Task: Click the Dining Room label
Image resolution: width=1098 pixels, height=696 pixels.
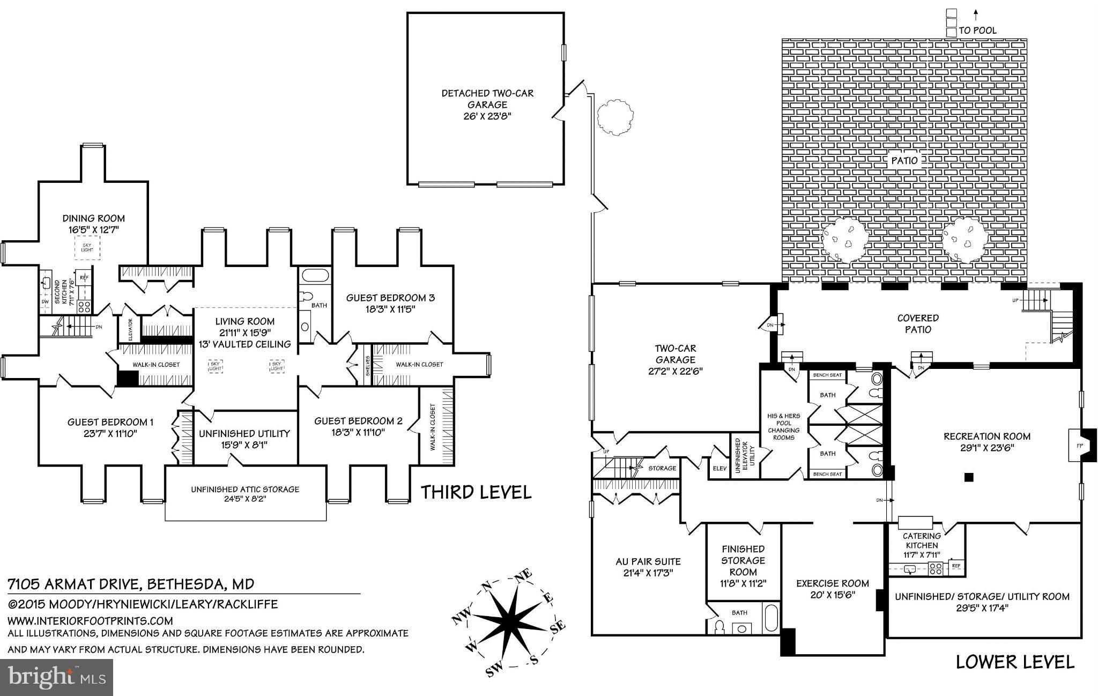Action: (x=94, y=218)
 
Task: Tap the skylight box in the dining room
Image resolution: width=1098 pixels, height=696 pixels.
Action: (x=87, y=248)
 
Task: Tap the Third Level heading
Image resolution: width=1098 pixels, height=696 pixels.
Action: (x=476, y=492)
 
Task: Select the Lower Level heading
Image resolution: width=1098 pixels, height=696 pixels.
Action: (x=1015, y=662)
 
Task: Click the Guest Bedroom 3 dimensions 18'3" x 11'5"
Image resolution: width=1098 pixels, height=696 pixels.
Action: (x=390, y=309)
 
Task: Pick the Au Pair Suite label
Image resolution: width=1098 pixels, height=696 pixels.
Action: (x=648, y=561)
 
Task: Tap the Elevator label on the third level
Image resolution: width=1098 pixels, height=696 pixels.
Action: (x=130, y=330)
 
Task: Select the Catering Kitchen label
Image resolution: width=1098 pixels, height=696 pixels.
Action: (x=922, y=540)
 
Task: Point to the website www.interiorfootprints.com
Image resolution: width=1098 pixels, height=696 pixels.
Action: (x=90, y=621)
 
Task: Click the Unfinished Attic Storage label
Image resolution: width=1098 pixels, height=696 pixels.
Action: (x=245, y=489)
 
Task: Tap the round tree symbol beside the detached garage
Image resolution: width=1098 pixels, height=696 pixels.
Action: (x=615, y=116)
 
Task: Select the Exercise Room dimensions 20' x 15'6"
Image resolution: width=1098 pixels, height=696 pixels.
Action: (x=832, y=595)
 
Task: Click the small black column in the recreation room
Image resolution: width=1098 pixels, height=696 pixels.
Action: (x=968, y=477)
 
